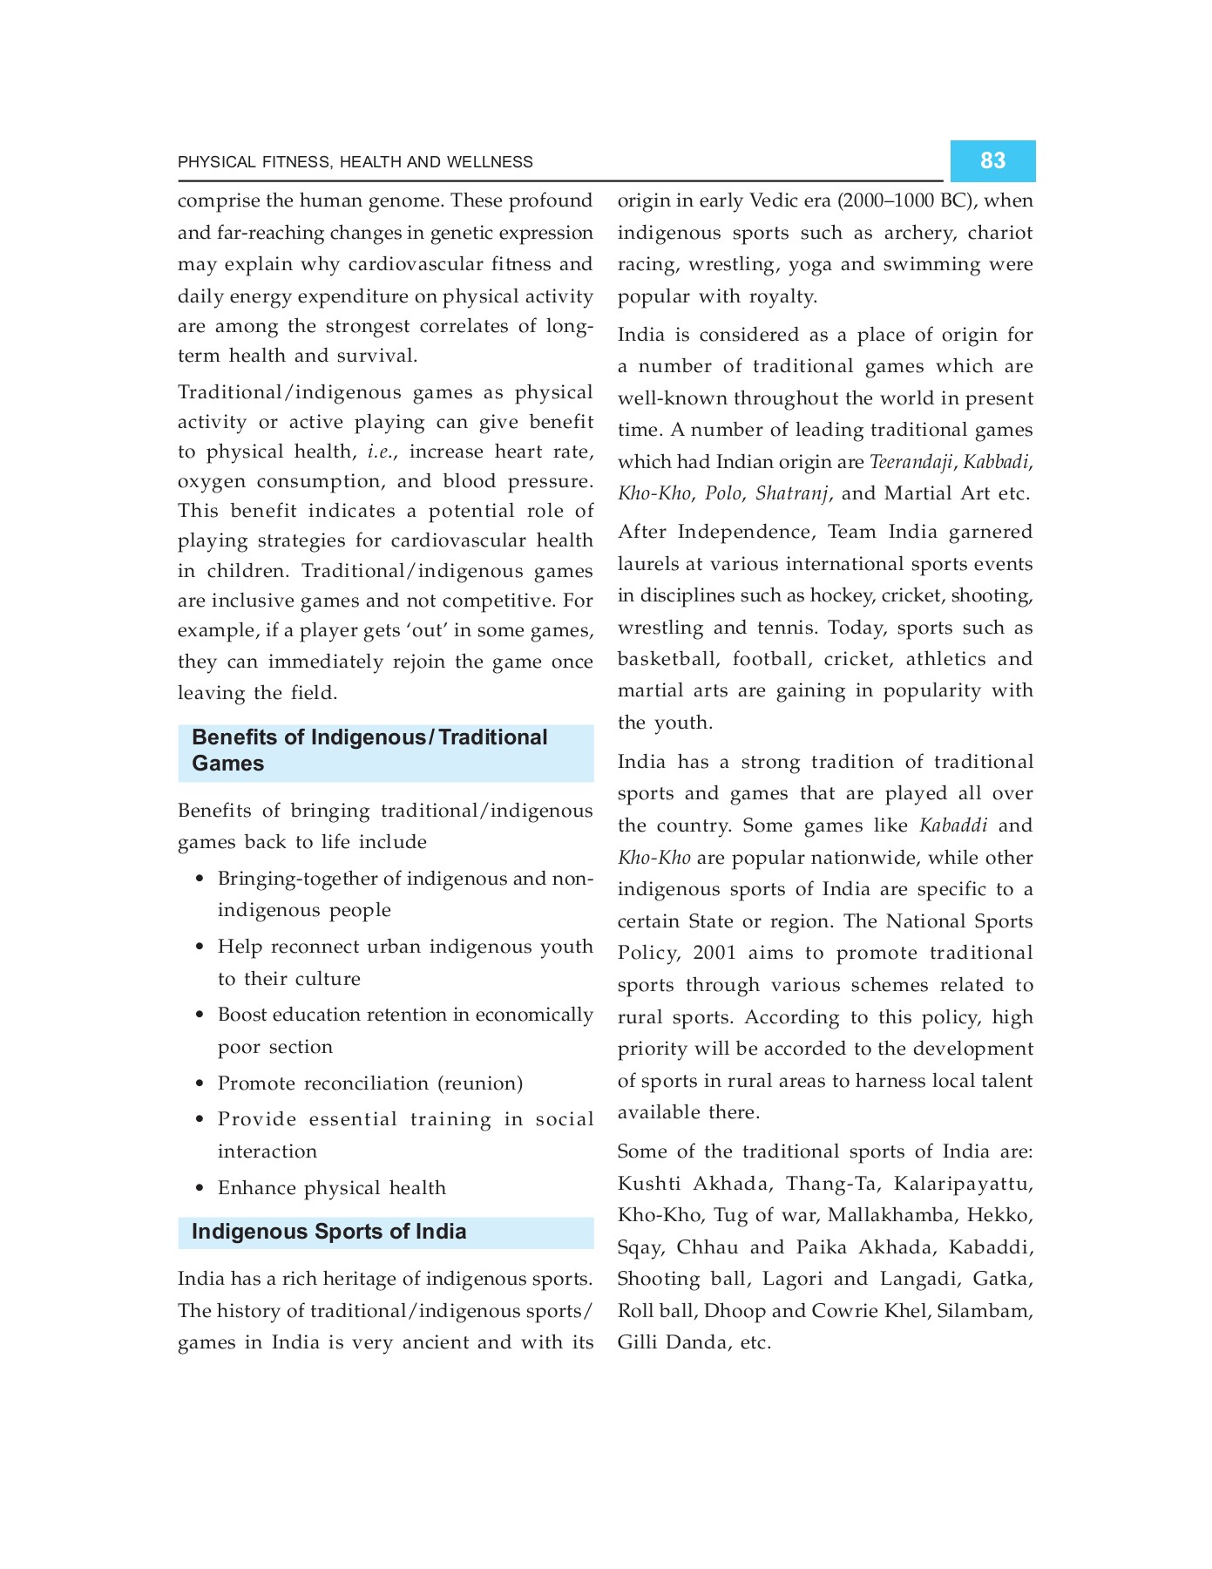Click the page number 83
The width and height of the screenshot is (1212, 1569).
[x=992, y=160]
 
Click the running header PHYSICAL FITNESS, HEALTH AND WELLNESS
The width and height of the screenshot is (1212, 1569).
[x=355, y=162]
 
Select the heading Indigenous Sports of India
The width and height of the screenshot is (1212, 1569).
[x=328, y=1232]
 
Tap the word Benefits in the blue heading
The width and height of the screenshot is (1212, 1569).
[x=234, y=737]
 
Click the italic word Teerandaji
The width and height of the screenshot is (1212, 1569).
[x=911, y=462]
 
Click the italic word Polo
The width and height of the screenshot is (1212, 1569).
[x=722, y=493]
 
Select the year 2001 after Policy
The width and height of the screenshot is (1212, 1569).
[x=714, y=953]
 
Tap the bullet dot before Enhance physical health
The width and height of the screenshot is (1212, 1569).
[x=200, y=1188]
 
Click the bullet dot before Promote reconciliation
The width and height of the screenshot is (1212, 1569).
[x=200, y=1083]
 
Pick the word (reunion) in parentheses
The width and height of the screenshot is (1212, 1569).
[x=480, y=1083]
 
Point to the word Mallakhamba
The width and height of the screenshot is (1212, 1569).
[x=890, y=1215]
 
